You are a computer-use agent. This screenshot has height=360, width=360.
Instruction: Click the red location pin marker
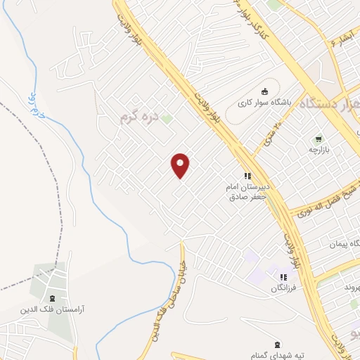point(181,165)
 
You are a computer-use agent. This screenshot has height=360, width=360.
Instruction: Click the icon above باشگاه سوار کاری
point(264,91)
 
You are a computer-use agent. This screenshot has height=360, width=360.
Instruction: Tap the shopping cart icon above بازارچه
point(319,138)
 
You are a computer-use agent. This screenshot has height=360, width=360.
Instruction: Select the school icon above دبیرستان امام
point(247,175)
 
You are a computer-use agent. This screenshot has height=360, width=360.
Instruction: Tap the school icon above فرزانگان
point(283,277)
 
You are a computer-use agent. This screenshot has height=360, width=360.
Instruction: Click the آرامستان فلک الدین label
point(51,310)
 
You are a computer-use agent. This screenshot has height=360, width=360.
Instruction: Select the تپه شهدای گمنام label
point(277,356)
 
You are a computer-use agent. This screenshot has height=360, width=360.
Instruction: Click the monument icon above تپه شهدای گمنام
point(277,344)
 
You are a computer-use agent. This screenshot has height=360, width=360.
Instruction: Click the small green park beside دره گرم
point(167,118)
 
